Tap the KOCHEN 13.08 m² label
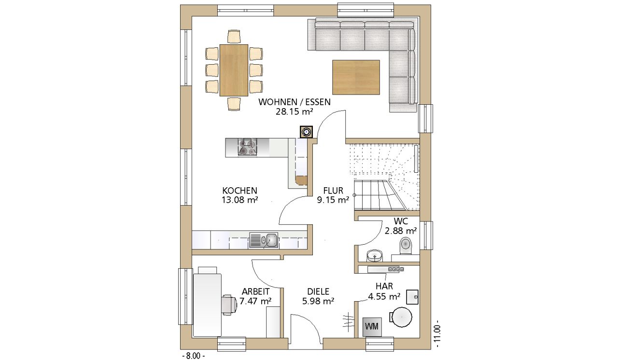pyautogui.click(x=240, y=195)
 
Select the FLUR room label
pyautogui.click(x=333, y=191)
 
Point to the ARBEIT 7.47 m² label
pyautogui.click(x=255, y=296)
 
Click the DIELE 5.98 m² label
pyautogui.click(x=318, y=296)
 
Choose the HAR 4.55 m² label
pyautogui.click(x=384, y=291)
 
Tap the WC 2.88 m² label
pyautogui.click(x=401, y=226)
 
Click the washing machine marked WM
pyautogui.click(x=372, y=327)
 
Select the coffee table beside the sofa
pyautogui.click(x=356, y=78)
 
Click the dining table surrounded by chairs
pyautogui.click(x=234, y=70)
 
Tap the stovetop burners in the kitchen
pyautogui.click(x=247, y=147)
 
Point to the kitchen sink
pyautogui.click(x=264, y=240)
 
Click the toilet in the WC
pyautogui.click(x=406, y=245)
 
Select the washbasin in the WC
pyautogui.click(x=375, y=256)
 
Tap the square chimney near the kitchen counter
pyautogui.click(x=307, y=132)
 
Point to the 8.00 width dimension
pyautogui.click(x=194, y=356)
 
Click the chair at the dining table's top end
pyautogui.click(x=234, y=36)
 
